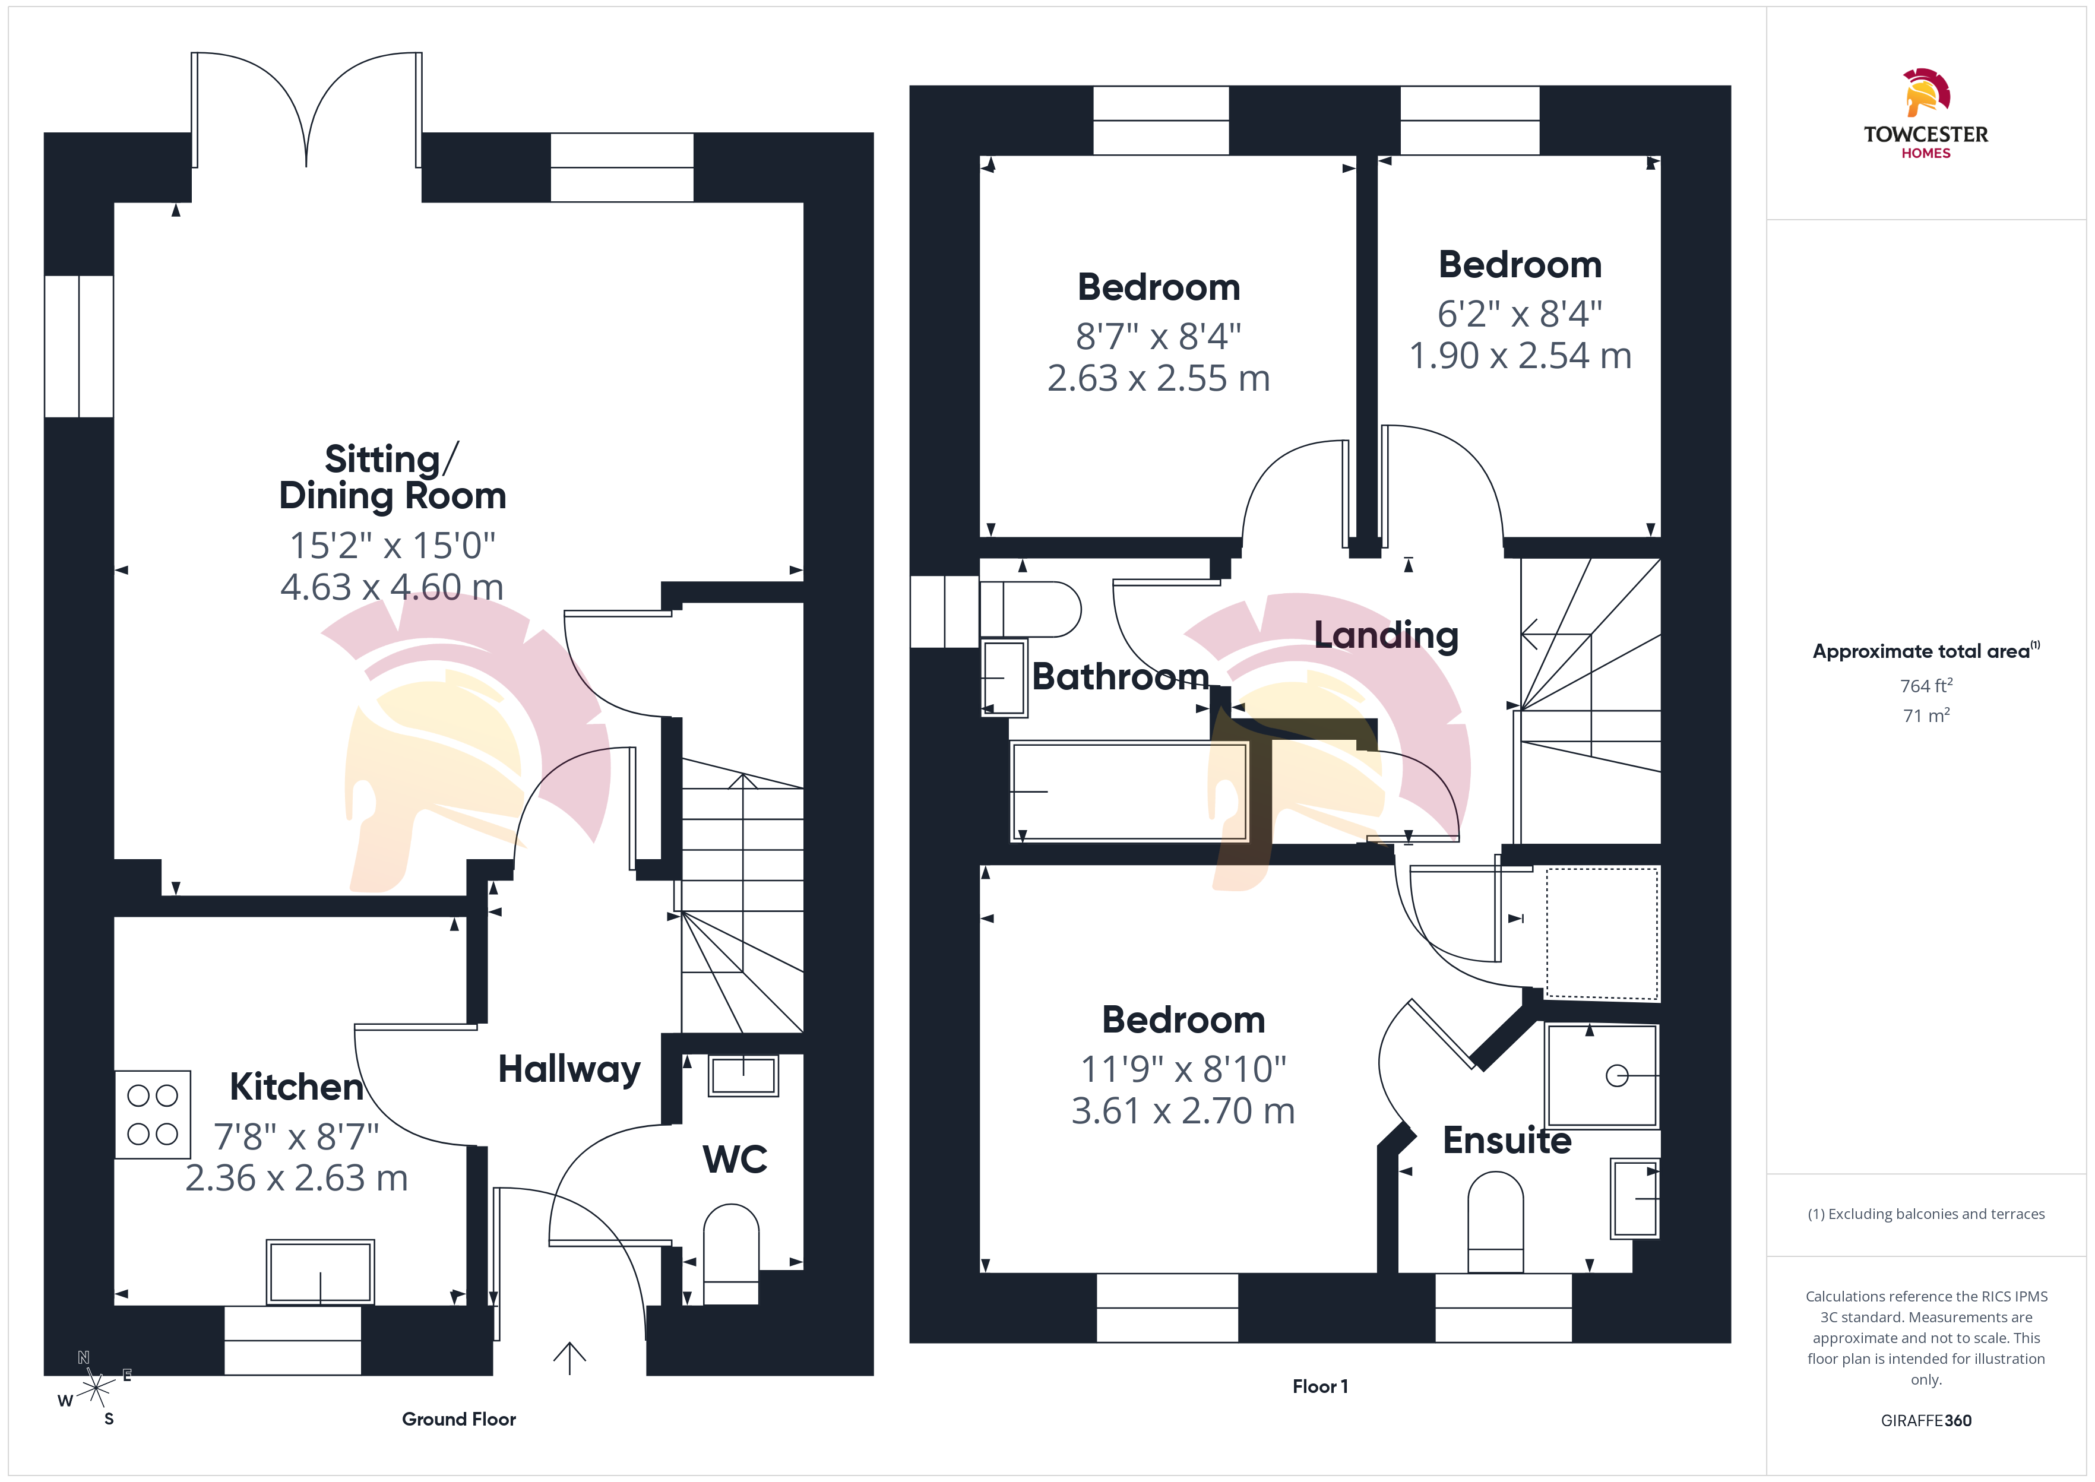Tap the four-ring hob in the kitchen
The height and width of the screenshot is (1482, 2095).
pos(153,1114)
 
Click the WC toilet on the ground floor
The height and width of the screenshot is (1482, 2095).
pos(731,1254)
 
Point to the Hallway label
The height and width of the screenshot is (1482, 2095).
pos(569,1069)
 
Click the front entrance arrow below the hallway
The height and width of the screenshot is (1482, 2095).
pos(569,1358)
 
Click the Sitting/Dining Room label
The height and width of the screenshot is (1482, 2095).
pos(393,477)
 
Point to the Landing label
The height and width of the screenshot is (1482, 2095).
pos(1386,635)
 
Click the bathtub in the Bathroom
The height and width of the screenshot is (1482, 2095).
pos(1129,792)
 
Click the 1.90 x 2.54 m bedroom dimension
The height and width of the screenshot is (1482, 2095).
pos(1520,356)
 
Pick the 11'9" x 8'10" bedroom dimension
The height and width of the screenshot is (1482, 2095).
pos(1183,1069)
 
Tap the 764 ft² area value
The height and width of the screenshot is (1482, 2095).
pos(1926,685)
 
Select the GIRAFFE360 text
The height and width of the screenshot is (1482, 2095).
pos(1926,1421)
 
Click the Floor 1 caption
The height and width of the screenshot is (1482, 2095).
pos(1320,1386)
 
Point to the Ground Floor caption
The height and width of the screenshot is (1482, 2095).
pos(459,1419)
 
